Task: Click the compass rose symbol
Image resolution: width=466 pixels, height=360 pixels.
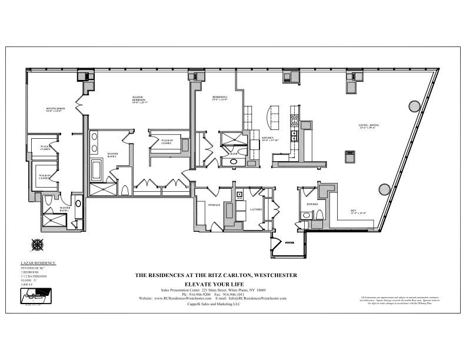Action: click(38, 244)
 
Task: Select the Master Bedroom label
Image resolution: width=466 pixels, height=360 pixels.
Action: click(139, 99)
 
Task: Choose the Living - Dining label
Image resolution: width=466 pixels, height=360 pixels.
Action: click(368, 127)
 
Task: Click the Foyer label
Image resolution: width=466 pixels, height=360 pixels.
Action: click(289, 242)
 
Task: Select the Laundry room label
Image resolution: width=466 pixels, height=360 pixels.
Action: click(255, 209)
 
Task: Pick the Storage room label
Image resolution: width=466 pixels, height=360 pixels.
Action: click(214, 205)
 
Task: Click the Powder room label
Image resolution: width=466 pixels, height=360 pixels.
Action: click(312, 204)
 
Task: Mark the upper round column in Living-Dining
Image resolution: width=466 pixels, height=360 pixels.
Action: click(414, 106)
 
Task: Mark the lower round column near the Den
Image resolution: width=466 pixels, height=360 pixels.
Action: click(384, 189)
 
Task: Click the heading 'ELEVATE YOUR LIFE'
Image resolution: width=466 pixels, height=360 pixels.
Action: click(216, 284)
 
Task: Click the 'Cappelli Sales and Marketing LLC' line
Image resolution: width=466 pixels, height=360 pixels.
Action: click(216, 304)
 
